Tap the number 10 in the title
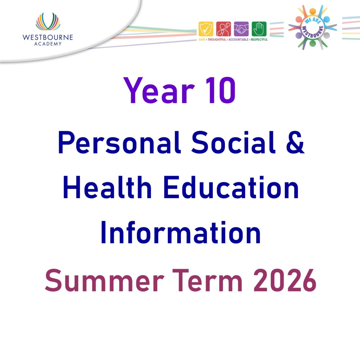(x=220, y=91)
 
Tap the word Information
(x=181, y=233)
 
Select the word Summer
(x=104, y=280)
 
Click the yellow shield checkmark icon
(x=206, y=29)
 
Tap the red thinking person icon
(x=224, y=29)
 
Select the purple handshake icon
(x=241, y=29)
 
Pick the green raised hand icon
(x=259, y=29)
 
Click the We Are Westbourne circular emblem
(x=312, y=28)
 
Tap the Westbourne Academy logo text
(x=48, y=40)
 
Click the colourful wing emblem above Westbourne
(x=48, y=22)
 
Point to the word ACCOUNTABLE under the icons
(x=238, y=40)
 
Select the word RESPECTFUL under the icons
(x=259, y=40)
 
